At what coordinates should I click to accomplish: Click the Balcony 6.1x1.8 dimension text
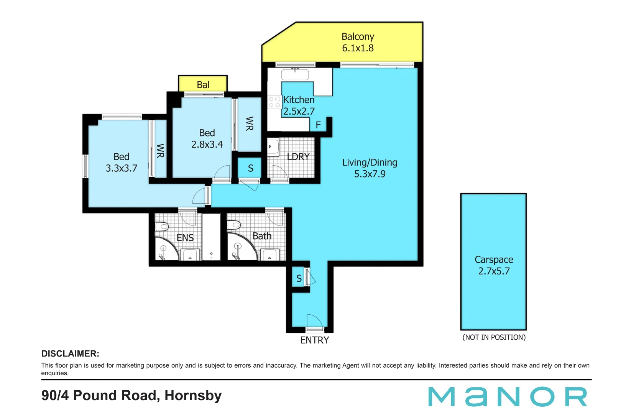(358, 48)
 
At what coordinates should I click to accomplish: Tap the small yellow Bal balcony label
(203, 85)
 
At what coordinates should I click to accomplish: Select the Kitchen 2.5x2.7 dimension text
(299, 111)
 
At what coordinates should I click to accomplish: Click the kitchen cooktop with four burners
(274, 102)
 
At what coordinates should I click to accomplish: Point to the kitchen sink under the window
(295, 74)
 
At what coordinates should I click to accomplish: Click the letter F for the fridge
(318, 125)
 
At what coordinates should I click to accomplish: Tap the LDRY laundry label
(298, 157)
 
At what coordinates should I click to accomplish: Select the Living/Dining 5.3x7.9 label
(370, 168)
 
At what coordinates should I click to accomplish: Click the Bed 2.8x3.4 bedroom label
(207, 139)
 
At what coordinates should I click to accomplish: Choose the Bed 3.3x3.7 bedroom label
(121, 163)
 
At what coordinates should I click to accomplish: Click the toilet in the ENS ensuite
(162, 226)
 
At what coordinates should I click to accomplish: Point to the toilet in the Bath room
(234, 225)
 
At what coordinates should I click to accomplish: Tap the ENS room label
(185, 238)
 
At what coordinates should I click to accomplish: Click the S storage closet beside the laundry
(250, 168)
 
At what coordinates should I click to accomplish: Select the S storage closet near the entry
(299, 279)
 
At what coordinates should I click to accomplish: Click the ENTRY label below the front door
(314, 340)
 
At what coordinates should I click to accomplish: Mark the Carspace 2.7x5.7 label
(494, 265)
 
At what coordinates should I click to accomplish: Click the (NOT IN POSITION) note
(494, 337)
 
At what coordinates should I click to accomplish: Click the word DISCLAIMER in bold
(70, 354)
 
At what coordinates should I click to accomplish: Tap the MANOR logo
(508, 397)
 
